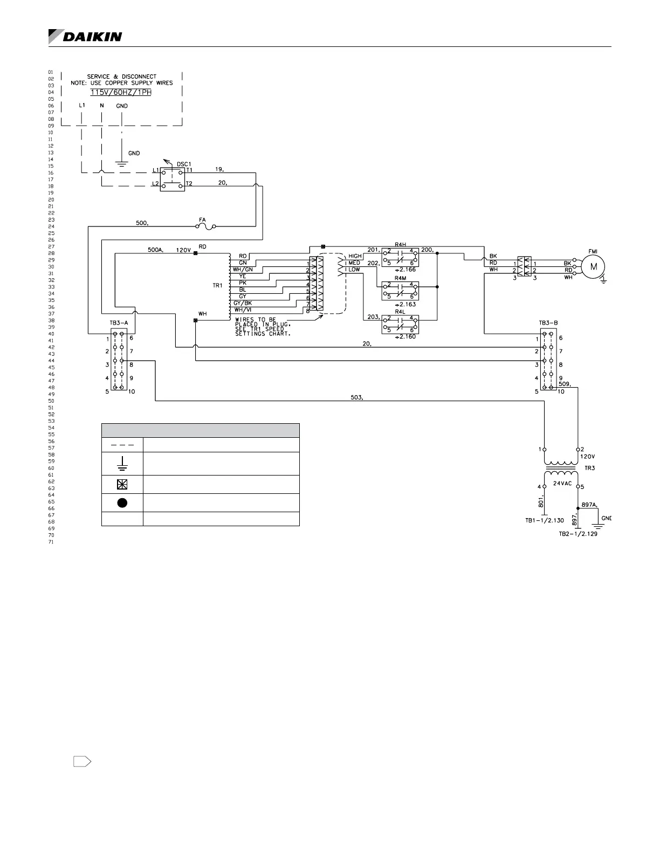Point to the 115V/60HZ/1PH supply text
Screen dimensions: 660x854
tap(121, 92)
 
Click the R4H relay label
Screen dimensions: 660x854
tap(400, 245)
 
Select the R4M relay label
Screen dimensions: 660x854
tap(400, 278)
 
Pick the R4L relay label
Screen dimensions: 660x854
tap(400, 312)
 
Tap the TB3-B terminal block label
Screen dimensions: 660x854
tap(548, 323)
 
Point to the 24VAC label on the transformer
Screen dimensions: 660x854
tap(561, 483)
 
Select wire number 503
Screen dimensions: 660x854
tap(357, 397)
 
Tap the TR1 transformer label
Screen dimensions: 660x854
tap(217, 285)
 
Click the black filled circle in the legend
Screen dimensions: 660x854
tap(122, 502)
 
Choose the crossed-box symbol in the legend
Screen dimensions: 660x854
tap(122, 484)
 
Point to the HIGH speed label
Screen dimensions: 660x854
tap(355, 256)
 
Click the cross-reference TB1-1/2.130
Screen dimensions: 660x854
tap(545, 520)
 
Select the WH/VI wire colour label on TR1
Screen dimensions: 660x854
tap(243, 309)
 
